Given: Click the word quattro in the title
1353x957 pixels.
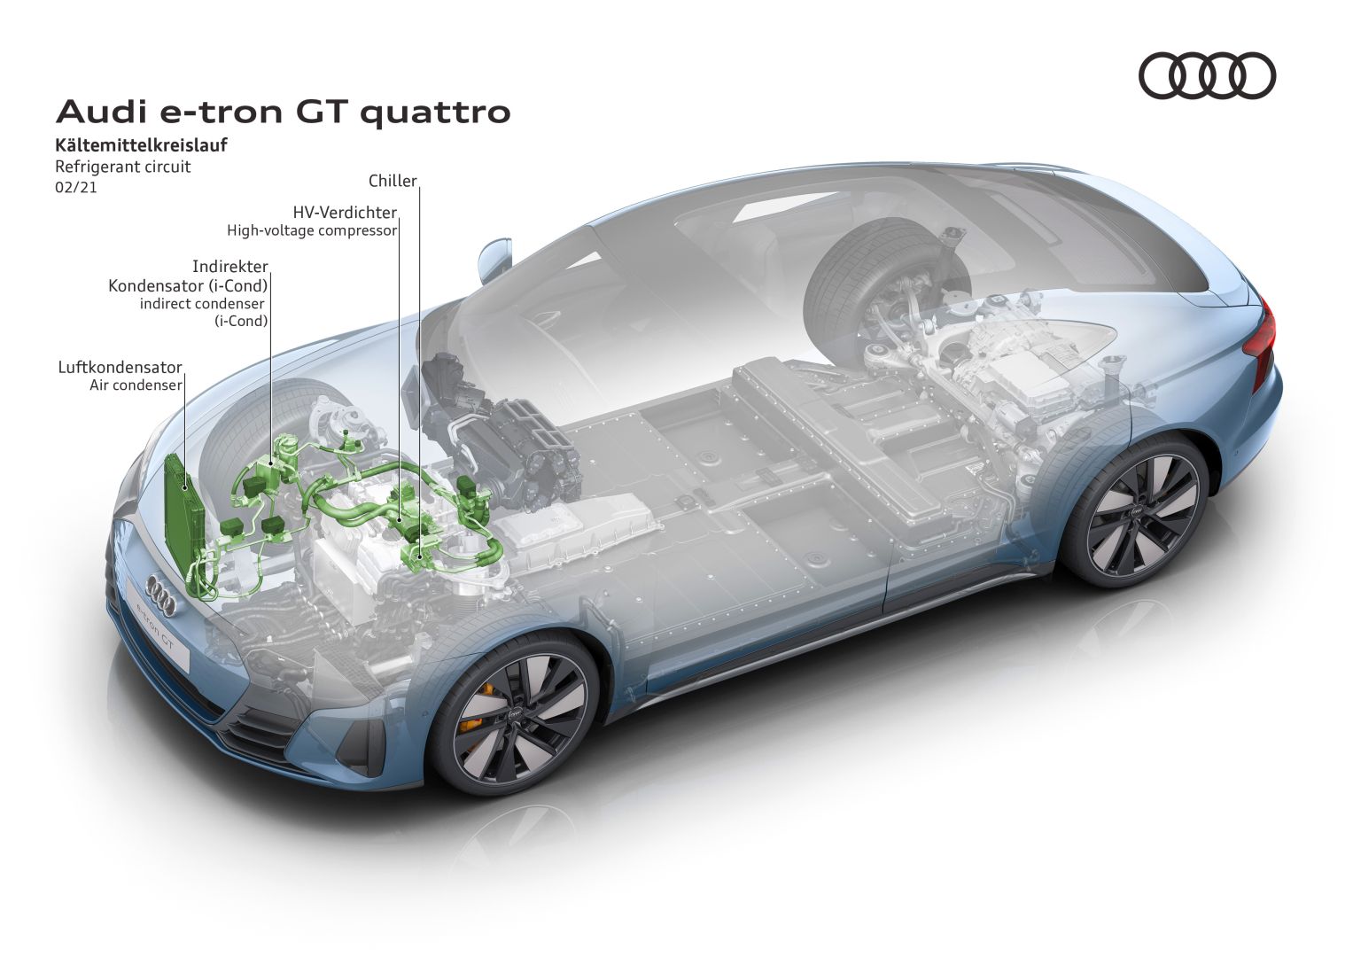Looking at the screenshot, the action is click(x=436, y=113).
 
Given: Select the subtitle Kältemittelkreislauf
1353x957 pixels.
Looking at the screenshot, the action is click(x=142, y=145).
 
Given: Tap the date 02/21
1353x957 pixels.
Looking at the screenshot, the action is click(x=76, y=187).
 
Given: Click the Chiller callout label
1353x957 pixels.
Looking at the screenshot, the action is click(x=393, y=181).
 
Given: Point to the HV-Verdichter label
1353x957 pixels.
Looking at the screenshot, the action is click(x=345, y=212).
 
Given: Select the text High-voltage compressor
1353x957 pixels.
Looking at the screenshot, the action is click(x=312, y=230).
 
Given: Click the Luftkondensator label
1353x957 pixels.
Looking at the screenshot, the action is click(x=120, y=368).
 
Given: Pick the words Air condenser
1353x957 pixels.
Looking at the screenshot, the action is click(x=136, y=385).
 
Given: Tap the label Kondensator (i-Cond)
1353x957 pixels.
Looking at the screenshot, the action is click(x=188, y=285).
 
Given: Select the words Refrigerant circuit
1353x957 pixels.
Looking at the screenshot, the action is click(x=122, y=167).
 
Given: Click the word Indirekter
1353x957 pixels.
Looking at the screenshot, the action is click(x=230, y=267).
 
